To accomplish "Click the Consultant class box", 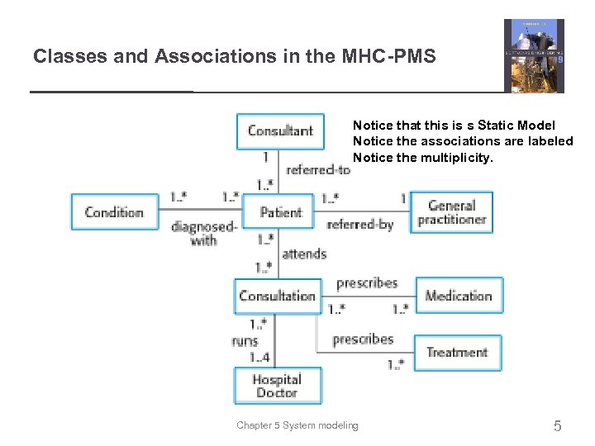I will pyautogui.click(x=279, y=130).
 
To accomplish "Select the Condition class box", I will pyautogui.click(x=114, y=212).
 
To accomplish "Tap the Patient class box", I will pyautogui.click(x=280, y=212).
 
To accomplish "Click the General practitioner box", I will pyautogui.click(x=451, y=212).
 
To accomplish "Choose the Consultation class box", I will pyautogui.click(x=277, y=296).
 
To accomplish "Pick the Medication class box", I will pyautogui.click(x=458, y=296).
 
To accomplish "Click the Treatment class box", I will pyautogui.click(x=457, y=352).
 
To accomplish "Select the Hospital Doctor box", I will pyautogui.click(x=277, y=386).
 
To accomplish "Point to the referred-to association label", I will pyautogui.click(x=317, y=170).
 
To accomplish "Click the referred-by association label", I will pyautogui.click(x=359, y=225).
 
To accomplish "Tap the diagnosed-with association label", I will pyautogui.click(x=204, y=233).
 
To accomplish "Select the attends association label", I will pyautogui.click(x=304, y=254).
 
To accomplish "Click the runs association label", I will pyautogui.click(x=245, y=341).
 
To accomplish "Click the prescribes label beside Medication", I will pyautogui.click(x=367, y=283).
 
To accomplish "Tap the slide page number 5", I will pyautogui.click(x=557, y=426).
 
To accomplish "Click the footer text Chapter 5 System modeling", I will pyautogui.click(x=297, y=425).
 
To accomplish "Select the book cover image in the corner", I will pyautogui.click(x=534, y=55).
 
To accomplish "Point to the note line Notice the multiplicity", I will pyautogui.click(x=422, y=157).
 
